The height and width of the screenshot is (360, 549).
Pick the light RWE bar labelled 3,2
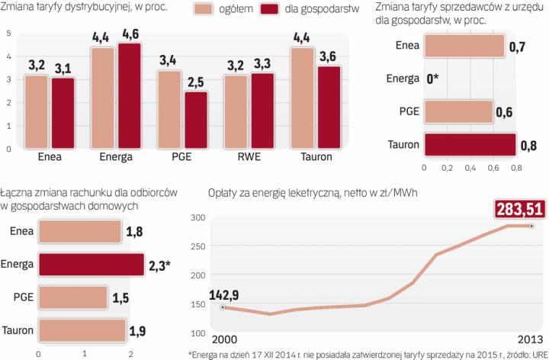click(x=236, y=112)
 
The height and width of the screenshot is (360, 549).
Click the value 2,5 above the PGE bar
click(x=196, y=80)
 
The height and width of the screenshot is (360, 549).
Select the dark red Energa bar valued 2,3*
click(x=91, y=265)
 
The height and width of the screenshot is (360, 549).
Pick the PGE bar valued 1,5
click(x=73, y=297)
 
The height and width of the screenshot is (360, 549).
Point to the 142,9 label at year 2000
click(x=226, y=296)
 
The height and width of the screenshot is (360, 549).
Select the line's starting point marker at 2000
click(x=222, y=307)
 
